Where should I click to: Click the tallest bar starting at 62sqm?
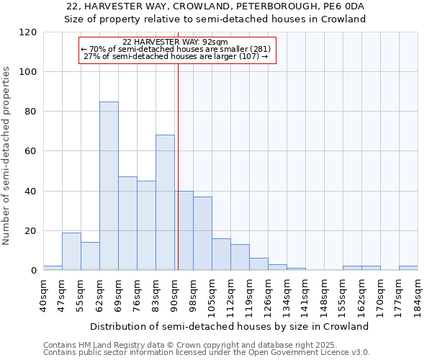(x=109, y=186)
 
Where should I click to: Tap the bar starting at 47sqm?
(x=71, y=251)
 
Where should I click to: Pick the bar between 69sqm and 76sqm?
(x=127, y=223)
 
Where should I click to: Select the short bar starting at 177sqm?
(x=408, y=268)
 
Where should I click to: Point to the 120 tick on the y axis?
(x=28, y=32)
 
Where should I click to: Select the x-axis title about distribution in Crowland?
(x=230, y=326)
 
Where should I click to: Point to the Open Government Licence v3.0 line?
(x=207, y=353)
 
